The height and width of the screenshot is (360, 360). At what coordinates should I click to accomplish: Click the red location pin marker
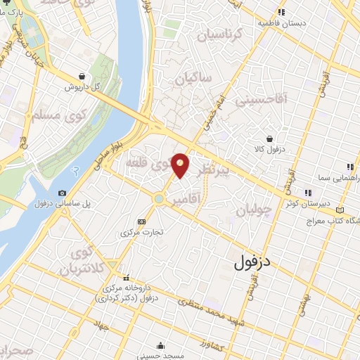coord(180,165)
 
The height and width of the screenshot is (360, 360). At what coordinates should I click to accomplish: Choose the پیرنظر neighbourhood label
coord(212,171)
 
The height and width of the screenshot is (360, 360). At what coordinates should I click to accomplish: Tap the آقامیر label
coord(205,200)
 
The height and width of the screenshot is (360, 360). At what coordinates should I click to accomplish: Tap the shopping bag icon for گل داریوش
coord(83,77)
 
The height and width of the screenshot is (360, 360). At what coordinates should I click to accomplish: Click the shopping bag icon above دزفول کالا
coord(269,140)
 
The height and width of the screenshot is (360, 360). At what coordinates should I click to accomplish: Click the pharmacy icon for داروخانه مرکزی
coord(127,277)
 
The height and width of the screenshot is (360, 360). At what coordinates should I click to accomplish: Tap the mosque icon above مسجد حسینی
coord(162,345)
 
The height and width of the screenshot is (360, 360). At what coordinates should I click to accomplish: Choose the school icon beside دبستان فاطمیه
coord(282,12)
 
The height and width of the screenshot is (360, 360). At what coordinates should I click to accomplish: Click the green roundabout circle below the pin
coord(160,199)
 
